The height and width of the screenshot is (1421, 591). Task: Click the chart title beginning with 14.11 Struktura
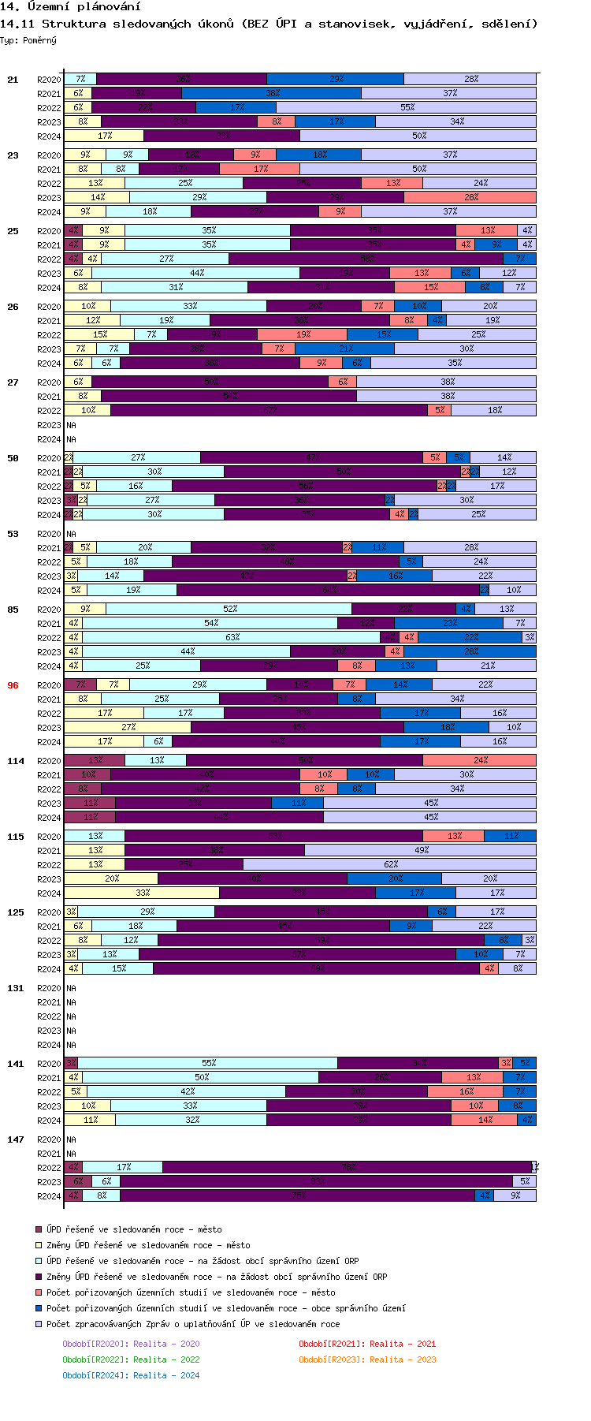269,24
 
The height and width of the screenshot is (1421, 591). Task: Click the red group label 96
13,685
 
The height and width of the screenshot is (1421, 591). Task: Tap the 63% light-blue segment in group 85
232,637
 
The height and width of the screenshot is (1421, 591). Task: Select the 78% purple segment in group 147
347,1167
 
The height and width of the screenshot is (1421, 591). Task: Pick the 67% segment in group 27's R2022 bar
269,410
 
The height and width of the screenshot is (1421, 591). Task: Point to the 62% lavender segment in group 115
390,864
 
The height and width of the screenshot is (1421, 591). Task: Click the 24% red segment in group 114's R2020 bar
479,760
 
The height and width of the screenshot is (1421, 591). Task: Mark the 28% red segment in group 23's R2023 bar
470,197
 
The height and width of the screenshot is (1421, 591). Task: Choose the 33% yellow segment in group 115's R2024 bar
142,893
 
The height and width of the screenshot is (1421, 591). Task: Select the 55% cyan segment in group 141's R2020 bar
208,1063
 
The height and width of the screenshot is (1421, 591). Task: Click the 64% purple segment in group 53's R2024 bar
329,590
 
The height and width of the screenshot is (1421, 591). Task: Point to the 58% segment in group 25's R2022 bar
366,259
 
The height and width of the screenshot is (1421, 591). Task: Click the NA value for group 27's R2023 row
71,425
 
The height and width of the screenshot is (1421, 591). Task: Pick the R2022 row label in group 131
49,1016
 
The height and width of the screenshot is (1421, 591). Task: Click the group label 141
16,1064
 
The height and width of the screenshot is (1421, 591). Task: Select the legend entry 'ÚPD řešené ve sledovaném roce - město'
134,1229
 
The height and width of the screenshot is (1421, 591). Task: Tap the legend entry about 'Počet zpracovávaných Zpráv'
193,1324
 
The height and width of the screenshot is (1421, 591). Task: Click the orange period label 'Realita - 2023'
367,1359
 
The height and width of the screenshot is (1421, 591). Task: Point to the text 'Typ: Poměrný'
28,40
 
